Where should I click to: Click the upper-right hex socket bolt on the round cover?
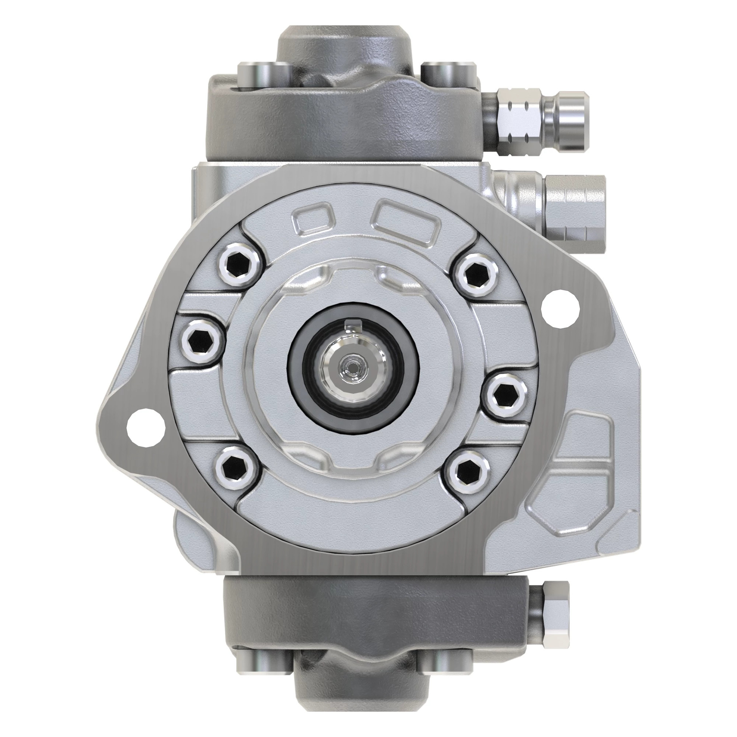pyautogui.click(x=474, y=275)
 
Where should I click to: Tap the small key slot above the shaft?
pyautogui.click(x=353, y=325)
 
